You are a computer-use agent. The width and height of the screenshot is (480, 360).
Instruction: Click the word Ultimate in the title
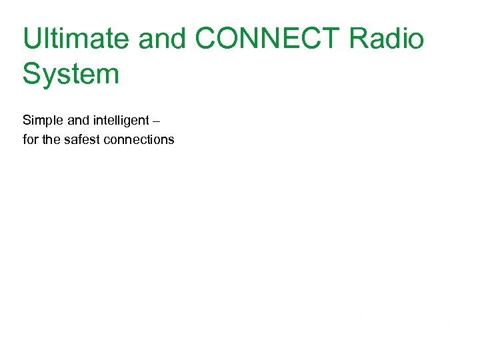75,39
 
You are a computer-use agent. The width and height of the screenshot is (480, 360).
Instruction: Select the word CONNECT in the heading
267,39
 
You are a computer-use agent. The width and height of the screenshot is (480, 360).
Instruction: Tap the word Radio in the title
387,39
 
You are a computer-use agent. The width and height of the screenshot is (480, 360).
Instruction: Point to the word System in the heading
71,73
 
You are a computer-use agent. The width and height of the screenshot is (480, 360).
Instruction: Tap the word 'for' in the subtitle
29,139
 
